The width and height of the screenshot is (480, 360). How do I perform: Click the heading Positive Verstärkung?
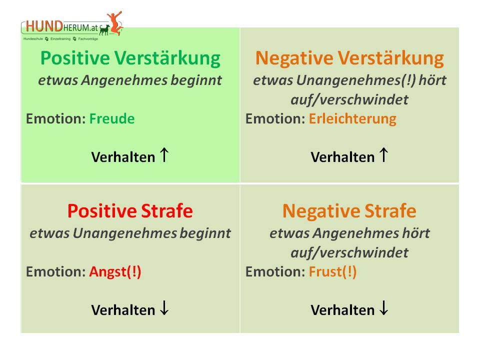[x=130, y=58]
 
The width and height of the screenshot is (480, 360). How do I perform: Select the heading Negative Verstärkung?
[x=349, y=58]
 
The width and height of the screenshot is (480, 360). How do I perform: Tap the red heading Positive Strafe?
[x=130, y=211]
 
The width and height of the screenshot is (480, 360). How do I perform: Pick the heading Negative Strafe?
[x=349, y=211]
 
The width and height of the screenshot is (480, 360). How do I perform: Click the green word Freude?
[x=111, y=118]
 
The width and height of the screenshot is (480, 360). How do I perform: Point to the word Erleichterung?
[x=352, y=119]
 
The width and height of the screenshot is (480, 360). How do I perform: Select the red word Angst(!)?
[x=115, y=272]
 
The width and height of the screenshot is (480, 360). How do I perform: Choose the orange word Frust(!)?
[x=333, y=272]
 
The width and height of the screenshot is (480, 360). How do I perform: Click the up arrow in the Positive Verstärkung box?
[x=164, y=155]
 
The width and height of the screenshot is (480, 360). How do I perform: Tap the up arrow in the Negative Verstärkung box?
[x=384, y=155]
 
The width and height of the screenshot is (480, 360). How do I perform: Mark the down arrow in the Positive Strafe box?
[x=164, y=308]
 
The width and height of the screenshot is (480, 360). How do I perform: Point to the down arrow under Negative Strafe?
[x=384, y=308]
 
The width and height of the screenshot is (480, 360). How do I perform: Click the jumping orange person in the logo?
[x=115, y=23]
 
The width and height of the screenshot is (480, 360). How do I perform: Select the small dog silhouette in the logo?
[x=104, y=29]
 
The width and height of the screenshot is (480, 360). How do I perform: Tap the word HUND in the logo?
[x=44, y=26]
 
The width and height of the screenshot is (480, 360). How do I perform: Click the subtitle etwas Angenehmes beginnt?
[x=130, y=80]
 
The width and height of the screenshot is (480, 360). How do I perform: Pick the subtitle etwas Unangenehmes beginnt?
[x=130, y=233]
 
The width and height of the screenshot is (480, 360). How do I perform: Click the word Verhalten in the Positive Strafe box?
[x=123, y=310]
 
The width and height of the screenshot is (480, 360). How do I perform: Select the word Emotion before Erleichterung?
[x=275, y=119]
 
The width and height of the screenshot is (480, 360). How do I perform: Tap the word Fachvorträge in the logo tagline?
[x=88, y=39]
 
